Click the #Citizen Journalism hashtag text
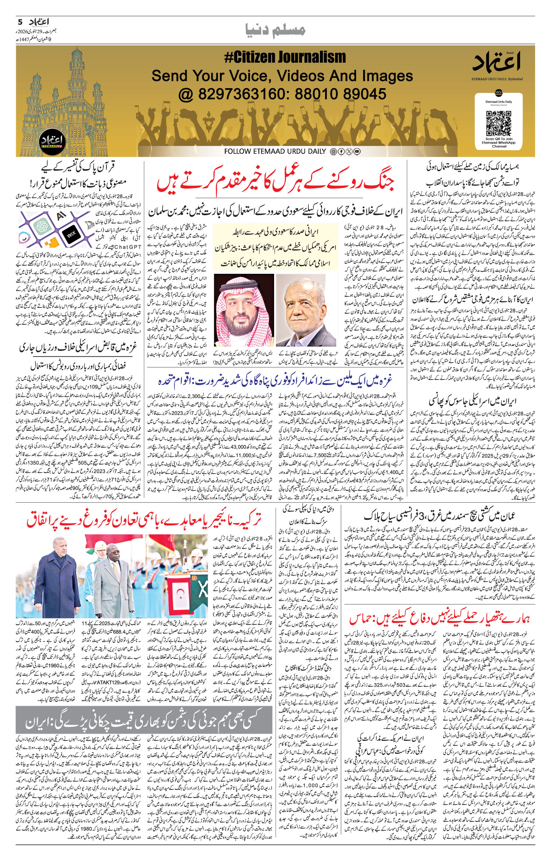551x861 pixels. point(285,57)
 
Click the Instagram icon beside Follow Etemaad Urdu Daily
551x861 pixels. point(333,152)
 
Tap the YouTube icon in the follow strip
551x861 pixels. point(357,152)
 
